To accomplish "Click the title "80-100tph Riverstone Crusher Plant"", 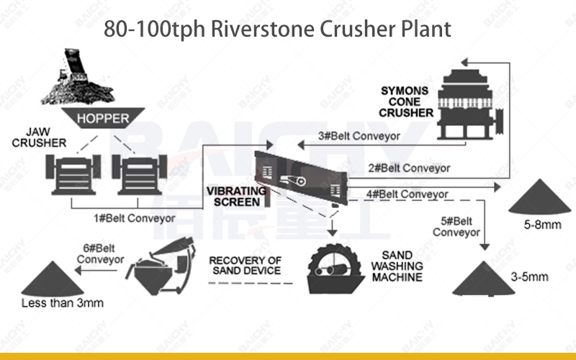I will click(277, 29).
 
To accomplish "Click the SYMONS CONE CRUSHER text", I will click(407, 102).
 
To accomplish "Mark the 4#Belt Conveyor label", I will click(407, 194).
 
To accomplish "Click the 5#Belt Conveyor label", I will click(456, 226).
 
